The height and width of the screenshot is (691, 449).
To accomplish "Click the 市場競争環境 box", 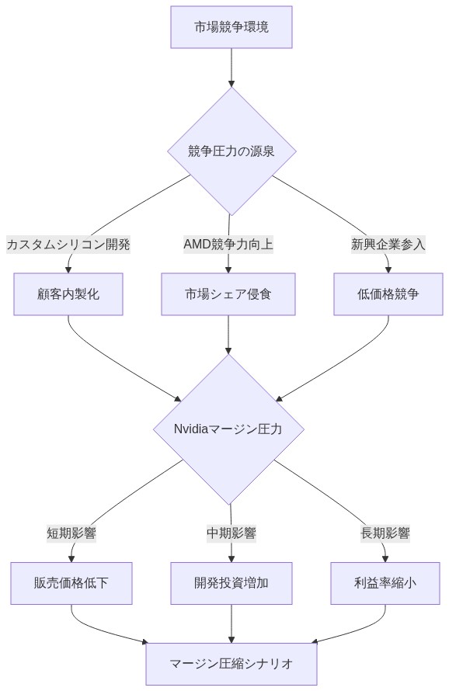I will (231, 27).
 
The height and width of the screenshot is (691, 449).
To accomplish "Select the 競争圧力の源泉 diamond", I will (231, 151).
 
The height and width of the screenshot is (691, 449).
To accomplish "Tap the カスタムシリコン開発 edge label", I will (68, 245).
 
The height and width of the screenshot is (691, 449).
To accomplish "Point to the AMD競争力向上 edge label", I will (228, 245).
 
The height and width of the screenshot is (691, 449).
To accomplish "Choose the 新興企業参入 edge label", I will (388, 245).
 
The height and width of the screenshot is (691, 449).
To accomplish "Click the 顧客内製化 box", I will (68, 294).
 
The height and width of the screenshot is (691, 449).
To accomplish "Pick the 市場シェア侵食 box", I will (228, 294).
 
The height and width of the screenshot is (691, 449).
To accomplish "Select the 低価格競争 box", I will (388, 294).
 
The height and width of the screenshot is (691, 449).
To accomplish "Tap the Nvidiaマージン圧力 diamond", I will (228, 429).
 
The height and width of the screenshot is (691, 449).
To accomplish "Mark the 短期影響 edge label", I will (71, 533).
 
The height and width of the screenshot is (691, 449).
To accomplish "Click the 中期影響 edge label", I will (231, 533).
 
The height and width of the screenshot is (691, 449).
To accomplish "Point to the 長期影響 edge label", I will (385, 533).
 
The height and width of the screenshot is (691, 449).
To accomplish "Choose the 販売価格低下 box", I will (71, 583).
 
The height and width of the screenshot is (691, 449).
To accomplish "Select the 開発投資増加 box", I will (231, 583).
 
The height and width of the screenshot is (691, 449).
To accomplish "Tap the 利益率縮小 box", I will (385, 583).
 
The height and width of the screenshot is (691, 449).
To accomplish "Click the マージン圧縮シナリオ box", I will (231, 664).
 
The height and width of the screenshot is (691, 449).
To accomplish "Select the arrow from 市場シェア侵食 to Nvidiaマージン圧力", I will (228, 334).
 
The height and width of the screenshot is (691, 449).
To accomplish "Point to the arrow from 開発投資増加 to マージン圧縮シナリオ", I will (231, 623).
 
